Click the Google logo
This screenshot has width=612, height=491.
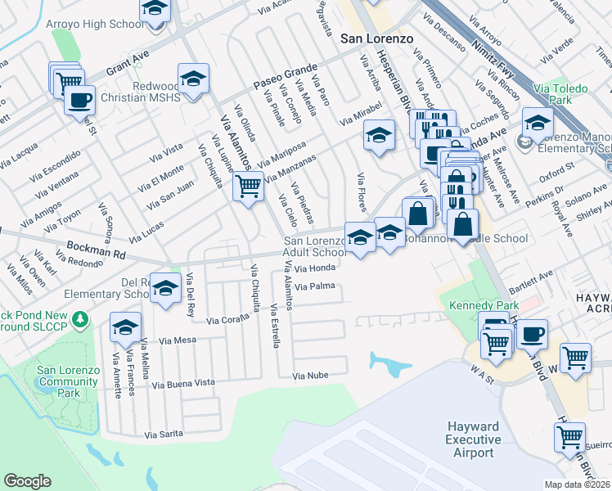pyautogui.click(x=27, y=481)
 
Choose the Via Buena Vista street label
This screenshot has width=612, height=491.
pyautogui.click(x=183, y=382)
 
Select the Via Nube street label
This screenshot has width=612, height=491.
pyautogui.click(x=311, y=375)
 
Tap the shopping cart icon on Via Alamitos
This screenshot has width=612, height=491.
pyautogui.click(x=248, y=187)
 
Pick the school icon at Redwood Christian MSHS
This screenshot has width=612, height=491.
pyautogui.click(x=193, y=79)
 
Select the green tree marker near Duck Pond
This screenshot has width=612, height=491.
pyautogui.click(x=80, y=317)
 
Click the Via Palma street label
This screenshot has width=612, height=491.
pyautogui.click(x=316, y=286)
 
